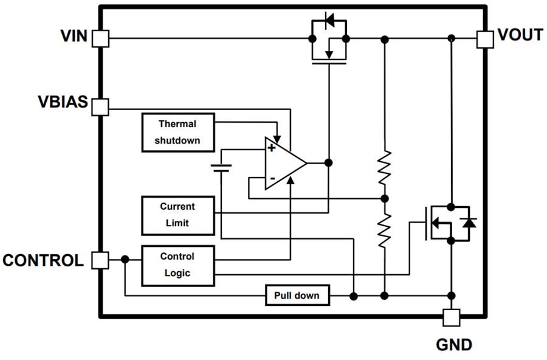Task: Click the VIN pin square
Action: [x=100, y=39]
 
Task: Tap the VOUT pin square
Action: [x=485, y=39]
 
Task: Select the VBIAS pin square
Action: [x=100, y=108]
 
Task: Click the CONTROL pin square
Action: [x=100, y=261]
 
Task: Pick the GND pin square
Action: [x=451, y=317]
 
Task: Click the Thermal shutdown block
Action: [x=177, y=133]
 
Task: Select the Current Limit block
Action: [x=177, y=215]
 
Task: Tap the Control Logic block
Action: [x=177, y=265]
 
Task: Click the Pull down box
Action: [x=297, y=296]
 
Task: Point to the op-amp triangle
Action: [x=283, y=163]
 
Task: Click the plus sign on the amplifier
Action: [x=271, y=148]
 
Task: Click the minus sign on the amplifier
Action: [x=272, y=178]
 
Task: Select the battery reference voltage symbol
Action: [x=222, y=167]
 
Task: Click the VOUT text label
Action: [x=520, y=35]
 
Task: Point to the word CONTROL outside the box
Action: [x=43, y=261]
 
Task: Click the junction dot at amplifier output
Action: [x=328, y=163]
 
